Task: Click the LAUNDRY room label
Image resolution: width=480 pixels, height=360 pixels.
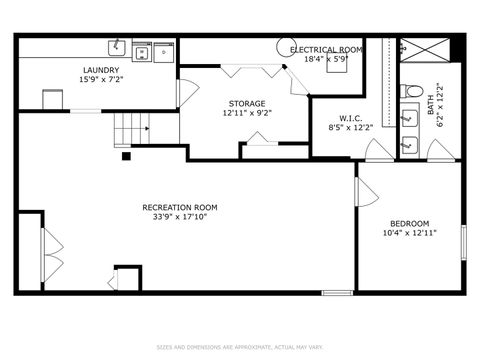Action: pyautogui.click(x=101, y=70)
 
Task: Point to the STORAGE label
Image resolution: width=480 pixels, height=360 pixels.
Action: pyautogui.click(x=246, y=103)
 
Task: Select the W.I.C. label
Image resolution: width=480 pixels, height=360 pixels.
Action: pyautogui.click(x=336, y=118)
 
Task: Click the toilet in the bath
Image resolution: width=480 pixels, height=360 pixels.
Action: pyautogui.click(x=411, y=92)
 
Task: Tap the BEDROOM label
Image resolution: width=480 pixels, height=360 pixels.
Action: pyautogui.click(x=409, y=223)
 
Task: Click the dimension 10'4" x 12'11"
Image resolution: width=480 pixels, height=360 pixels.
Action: pyautogui.click(x=409, y=233)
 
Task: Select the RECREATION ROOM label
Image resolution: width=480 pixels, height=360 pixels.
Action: pyautogui.click(x=180, y=208)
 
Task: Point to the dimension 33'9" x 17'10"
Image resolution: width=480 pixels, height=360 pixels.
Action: pyautogui.click(x=180, y=218)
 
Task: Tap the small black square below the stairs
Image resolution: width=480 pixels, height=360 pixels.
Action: pyautogui.click(x=126, y=156)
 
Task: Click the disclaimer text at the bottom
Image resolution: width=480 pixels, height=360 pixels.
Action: pyautogui.click(x=240, y=348)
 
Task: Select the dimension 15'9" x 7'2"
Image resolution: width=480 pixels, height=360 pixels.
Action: pyautogui.click(x=101, y=80)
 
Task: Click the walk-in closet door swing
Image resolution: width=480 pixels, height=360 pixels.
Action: pyautogui.click(x=377, y=150)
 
